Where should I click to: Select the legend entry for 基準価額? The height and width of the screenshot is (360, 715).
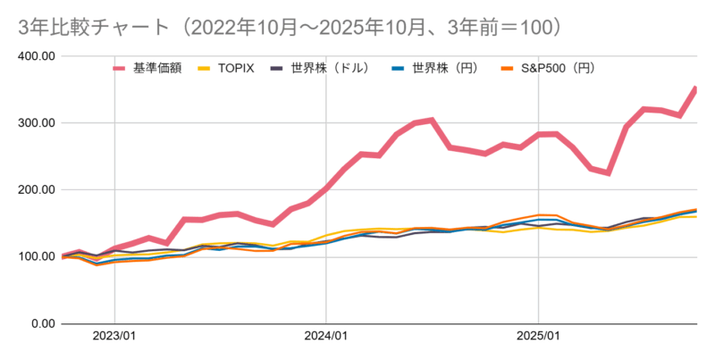coord(157,68)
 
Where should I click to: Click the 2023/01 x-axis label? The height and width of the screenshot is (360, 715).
coord(114,338)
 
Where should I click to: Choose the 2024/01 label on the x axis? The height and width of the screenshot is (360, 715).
coord(326,338)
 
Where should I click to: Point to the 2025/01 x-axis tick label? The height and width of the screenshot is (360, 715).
coord(538,338)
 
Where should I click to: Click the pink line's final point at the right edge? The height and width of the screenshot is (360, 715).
coord(695,88)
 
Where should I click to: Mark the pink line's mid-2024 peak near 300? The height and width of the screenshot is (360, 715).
coord(432,120)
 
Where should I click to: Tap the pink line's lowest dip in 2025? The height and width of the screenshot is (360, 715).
coord(609,172)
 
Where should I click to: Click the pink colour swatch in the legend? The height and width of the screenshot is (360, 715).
coord(120,68)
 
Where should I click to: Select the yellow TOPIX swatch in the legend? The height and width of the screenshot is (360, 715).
coord(206,68)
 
